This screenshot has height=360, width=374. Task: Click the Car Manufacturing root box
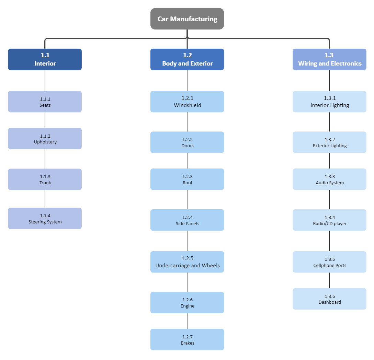point(187,19)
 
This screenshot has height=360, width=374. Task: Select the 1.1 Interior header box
point(45,59)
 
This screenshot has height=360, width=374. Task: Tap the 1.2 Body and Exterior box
point(187,59)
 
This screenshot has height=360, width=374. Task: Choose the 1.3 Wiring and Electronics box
point(329,59)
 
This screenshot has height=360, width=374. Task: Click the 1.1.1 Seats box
point(45,102)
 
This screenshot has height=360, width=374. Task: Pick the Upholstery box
point(45,139)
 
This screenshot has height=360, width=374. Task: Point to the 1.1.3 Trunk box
point(45,179)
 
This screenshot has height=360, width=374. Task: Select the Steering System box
point(45,218)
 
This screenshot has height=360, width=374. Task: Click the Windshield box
point(187,102)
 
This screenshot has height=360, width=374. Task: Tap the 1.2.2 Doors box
point(187,142)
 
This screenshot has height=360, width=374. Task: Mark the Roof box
point(187,179)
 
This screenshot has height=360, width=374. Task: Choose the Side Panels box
point(187,220)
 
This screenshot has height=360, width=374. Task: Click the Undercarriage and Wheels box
point(187,262)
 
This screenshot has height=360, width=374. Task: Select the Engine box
point(187,302)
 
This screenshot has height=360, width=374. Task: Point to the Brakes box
point(187,339)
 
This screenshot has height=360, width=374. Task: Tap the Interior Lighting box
point(329,102)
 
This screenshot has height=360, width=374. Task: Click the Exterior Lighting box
point(329,142)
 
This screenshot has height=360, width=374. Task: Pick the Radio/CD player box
point(329,220)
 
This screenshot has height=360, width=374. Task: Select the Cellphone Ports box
point(329,262)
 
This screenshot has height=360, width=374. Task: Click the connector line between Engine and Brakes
point(187,321)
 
